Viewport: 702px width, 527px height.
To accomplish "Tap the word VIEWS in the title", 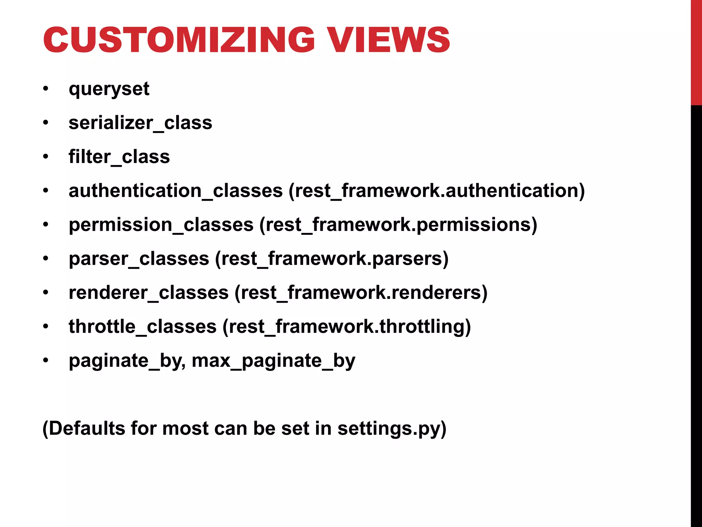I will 388,40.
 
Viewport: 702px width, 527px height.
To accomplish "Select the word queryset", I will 109,89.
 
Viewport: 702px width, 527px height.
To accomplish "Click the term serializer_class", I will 140,123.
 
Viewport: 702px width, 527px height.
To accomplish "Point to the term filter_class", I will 119,157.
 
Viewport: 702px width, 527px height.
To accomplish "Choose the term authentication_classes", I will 175,191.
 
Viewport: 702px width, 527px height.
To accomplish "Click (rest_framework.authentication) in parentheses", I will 437,191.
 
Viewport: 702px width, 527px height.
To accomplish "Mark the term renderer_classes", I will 148,292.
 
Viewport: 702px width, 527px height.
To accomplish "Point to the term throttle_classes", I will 143,326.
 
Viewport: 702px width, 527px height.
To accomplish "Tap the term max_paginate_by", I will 274,361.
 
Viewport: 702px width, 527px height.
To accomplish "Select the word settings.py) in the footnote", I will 392,429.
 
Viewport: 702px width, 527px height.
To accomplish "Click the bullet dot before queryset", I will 46,89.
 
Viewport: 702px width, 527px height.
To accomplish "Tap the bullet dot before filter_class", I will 46,157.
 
